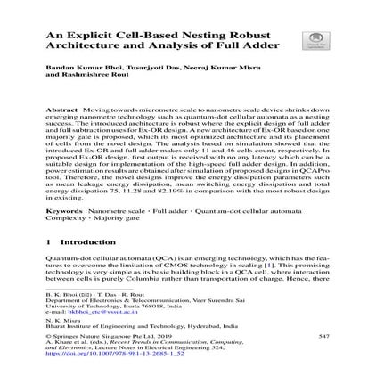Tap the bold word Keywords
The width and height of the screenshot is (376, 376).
(x=70, y=212)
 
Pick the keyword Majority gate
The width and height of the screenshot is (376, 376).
(x=111, y=218)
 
